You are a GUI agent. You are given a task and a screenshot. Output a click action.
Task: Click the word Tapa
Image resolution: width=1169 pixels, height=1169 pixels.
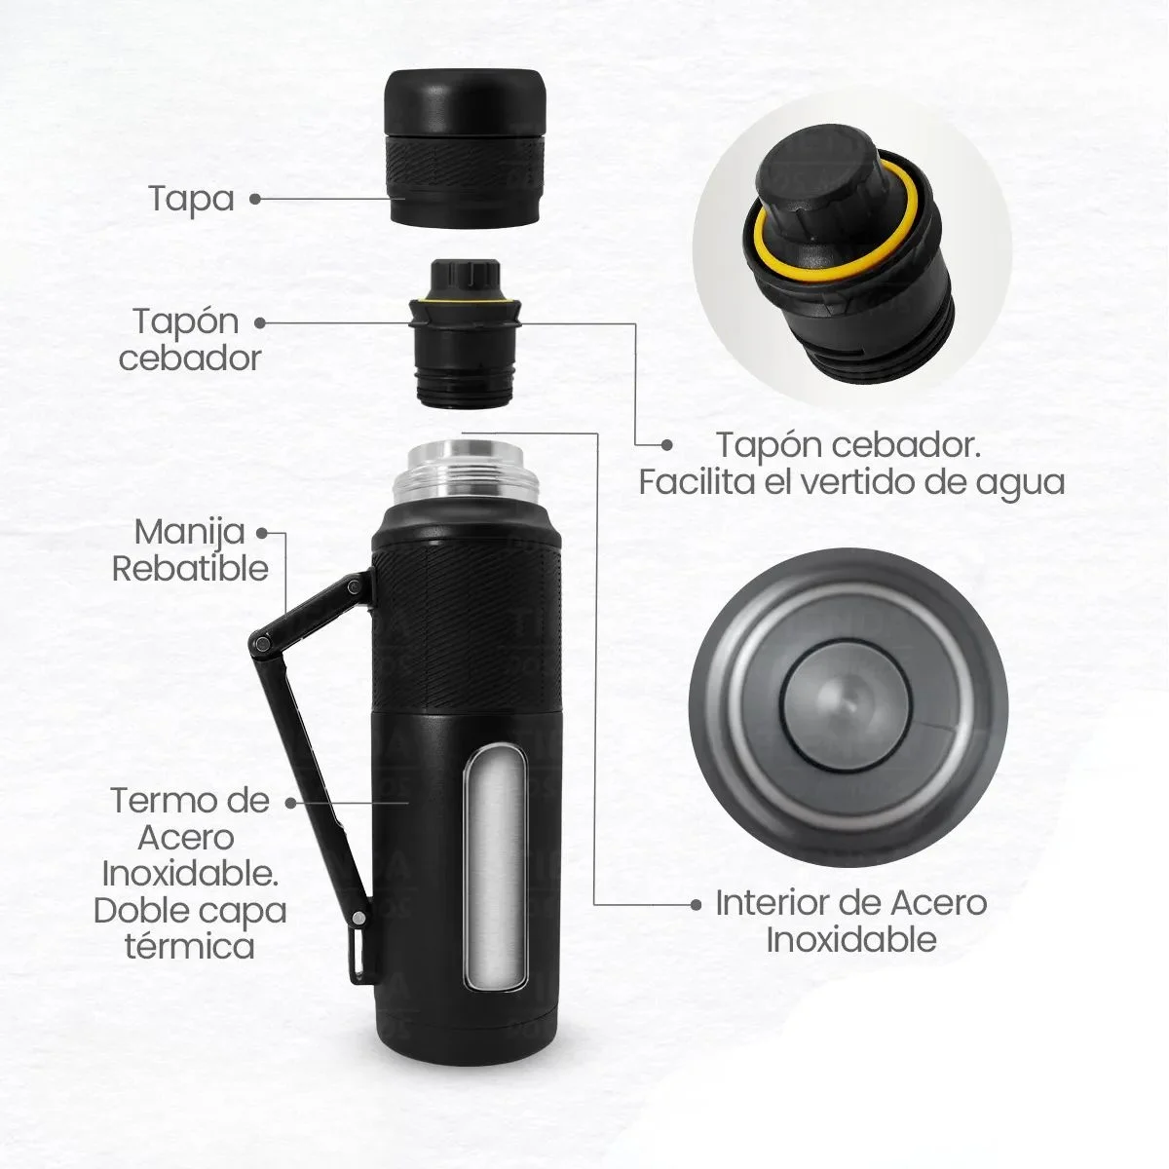click(192, 198)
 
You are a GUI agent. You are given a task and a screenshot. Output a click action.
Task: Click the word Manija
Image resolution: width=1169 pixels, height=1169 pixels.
click(177, 533)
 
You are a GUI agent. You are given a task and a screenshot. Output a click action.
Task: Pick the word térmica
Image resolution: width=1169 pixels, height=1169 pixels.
click(190, 945)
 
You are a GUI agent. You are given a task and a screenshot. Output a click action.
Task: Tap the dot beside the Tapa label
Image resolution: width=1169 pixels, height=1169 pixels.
click(255, 198)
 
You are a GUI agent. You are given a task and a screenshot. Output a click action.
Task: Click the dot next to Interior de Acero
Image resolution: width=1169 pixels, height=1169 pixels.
click(696, 904)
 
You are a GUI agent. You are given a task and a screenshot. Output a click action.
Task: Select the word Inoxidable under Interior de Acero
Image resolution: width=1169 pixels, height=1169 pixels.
click(850, 940)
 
